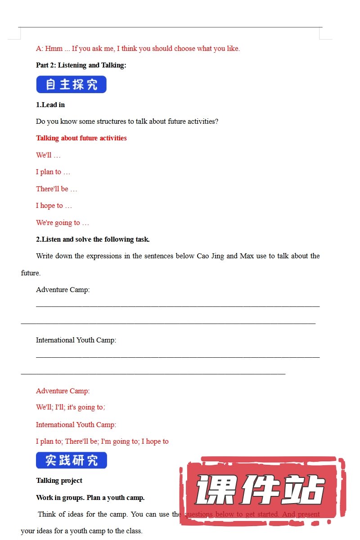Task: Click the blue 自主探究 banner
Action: coord(71,85)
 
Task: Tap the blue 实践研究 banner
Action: coord(71,460)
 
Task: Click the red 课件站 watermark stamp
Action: coord(261,490)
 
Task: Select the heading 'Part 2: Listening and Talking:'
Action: coord(81,65)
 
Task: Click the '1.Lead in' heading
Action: coord(50,105)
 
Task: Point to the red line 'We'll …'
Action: coord(48,155)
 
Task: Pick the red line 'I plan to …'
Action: coord(53,172)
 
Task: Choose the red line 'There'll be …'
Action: coord(57,189)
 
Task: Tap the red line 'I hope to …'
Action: coord(54,206)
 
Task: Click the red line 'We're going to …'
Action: coord(63,223)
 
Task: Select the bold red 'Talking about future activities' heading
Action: coord(81,138)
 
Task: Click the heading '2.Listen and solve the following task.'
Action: coord(93,239)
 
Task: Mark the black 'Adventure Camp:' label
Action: coord(63,290)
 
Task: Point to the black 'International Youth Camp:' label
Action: coord(76,340)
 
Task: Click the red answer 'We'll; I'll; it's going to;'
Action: coord(71,407)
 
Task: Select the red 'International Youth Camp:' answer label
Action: coord(76,425)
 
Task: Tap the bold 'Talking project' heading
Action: coord(59,481)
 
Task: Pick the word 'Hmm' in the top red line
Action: coord(54,49)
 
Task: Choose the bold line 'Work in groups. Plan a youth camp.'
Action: coord(90,498)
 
